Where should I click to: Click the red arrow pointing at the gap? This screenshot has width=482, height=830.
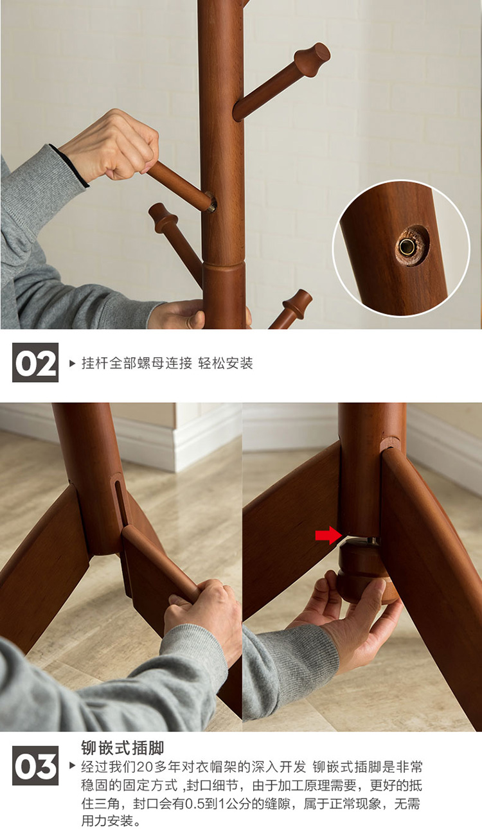click(329, 535)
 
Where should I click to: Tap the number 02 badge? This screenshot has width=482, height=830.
click(35, 362)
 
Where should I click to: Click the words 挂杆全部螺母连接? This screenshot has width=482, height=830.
click(136, 363)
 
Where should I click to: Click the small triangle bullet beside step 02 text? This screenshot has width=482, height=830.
click(72, 363)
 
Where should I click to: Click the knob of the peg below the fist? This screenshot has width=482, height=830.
click(163, 218)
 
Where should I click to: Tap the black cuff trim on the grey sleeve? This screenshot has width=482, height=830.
click(69, 166)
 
